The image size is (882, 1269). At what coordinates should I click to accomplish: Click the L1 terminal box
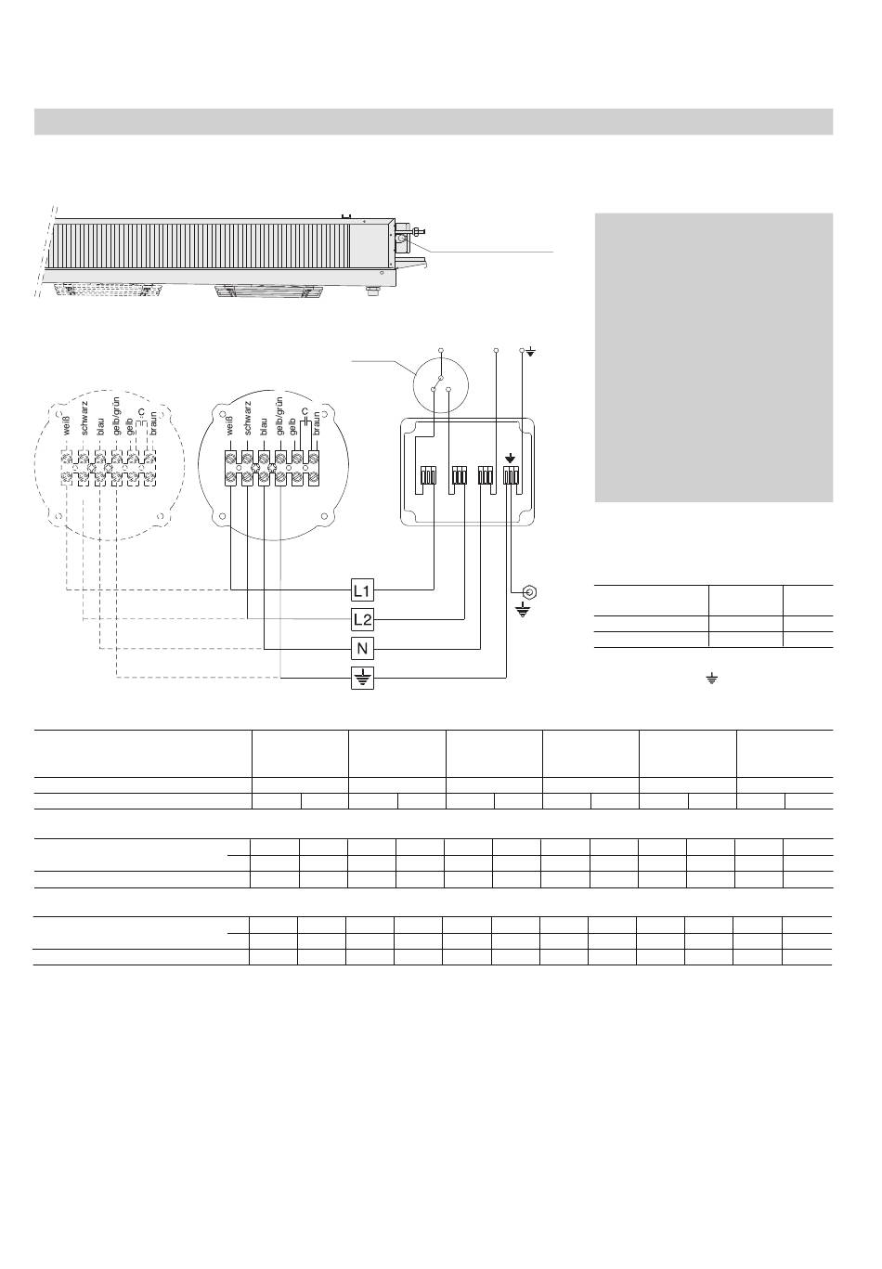pyautogui.click(x=362, y=589)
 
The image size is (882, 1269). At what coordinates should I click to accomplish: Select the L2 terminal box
pyautogui.click(x=362, y=619)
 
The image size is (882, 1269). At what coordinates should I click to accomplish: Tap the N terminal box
pyautogui.click(x=362, y=649)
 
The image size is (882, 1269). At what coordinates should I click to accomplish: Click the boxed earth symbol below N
pyautogui.click(x=362, y=679)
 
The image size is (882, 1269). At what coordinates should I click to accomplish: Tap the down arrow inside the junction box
pyautogui.click(x=510, y=458)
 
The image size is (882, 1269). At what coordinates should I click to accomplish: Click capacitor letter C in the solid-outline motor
pyautogui.click(x=305, y=409)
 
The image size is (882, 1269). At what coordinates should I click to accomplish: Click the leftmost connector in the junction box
pyautogui.click(x=428, y=475)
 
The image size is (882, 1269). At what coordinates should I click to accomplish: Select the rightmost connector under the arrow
pyautogui.click(x=510, y=475)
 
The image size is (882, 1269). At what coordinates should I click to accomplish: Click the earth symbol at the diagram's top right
pyautogui.click(x=531, y=352)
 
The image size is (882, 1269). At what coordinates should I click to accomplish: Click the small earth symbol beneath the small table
pyautogui.click(x=712, y=680)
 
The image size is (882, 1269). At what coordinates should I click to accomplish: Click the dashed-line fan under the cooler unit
pyautogui.click(x=102, y=290)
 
